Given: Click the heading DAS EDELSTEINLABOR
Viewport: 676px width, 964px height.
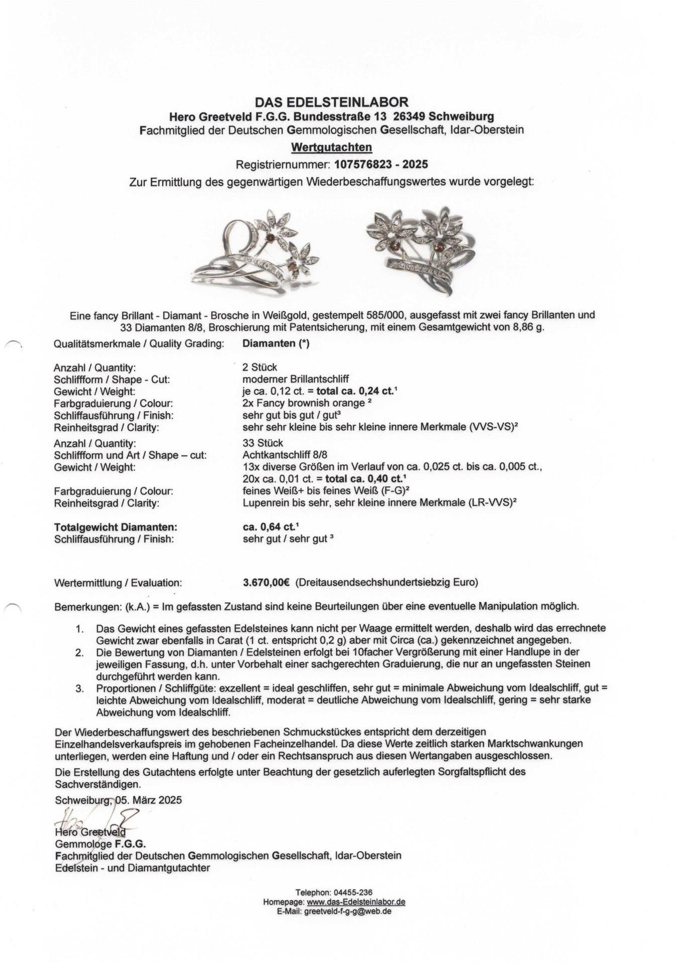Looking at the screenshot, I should click(331, 102).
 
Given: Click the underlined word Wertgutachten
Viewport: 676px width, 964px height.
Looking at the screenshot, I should click(331, 147).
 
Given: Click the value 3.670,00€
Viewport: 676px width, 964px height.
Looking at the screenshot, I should click(266, 582).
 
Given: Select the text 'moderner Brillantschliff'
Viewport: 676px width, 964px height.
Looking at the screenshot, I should click(295, 379).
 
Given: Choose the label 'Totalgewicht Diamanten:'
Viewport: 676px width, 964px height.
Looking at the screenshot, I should click(116, 527).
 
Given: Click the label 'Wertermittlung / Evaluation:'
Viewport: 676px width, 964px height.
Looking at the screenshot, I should click(118, 583).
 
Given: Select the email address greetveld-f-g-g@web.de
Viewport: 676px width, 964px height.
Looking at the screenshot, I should click(348, 911).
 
